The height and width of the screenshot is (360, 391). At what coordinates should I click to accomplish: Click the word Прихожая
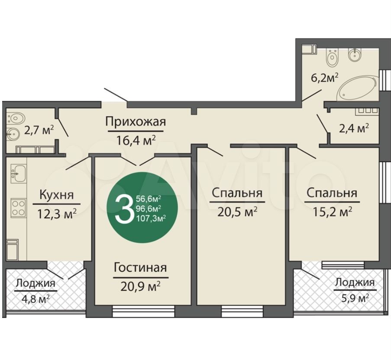click(136, 122)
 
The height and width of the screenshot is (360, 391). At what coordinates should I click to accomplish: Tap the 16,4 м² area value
click(136, 139)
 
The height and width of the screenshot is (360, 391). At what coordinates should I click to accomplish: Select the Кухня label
click(56, 195)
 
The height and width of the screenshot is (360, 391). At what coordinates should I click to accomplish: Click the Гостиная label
click(140, 268)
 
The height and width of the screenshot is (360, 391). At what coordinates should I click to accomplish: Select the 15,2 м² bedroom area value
click(332, 211)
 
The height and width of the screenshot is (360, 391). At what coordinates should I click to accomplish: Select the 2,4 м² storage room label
click(353, 128)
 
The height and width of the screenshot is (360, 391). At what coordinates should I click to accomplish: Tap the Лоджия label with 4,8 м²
click(36, 283)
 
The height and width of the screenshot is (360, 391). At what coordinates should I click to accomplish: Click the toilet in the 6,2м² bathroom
click(333, 58)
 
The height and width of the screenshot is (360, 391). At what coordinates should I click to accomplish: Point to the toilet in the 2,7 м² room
click(15, 118)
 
